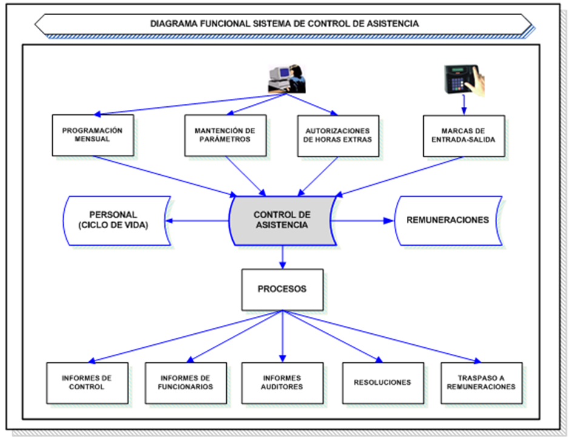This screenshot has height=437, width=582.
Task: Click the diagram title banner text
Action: (284, 24)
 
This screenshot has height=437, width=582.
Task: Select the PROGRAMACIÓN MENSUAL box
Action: (93, 135)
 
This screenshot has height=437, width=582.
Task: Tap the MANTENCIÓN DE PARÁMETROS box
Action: (225, 135)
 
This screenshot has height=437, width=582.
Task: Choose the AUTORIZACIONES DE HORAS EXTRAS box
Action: (338, 135)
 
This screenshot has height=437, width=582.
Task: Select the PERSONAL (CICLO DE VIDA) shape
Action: (115, 220)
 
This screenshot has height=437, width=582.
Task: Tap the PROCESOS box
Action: (282, 289)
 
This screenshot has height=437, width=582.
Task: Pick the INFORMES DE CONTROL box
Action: (87, 383)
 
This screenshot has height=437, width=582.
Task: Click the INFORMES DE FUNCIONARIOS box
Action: (186, 383)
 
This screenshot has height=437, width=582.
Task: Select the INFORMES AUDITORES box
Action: (282, 383)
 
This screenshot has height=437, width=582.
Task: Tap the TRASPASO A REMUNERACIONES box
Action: (481, 383)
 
